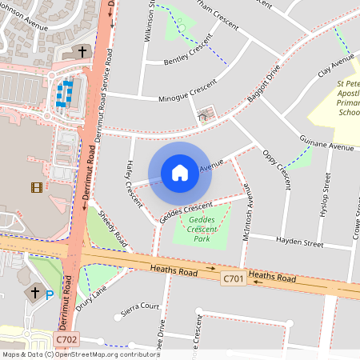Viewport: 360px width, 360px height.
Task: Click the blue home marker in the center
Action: point(180,172)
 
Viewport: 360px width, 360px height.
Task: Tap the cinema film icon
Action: point(36,187)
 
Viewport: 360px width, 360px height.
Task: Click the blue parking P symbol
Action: point(50,295)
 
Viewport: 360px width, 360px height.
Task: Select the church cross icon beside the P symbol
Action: point(34,293)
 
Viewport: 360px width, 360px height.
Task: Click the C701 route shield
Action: point(233,277)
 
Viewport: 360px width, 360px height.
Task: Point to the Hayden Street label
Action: point(298,240)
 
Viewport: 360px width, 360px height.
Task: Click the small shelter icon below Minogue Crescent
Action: point(202,116)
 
